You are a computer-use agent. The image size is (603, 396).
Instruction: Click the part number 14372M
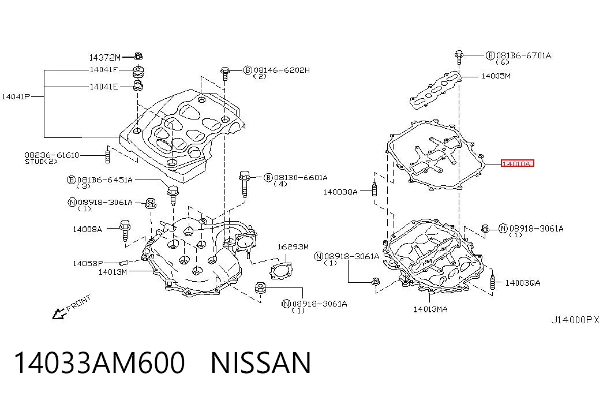click(x=104, y=58)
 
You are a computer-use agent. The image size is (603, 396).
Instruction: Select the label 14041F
click(x=104, y=70)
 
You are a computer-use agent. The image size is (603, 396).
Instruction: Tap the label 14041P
click(x=16, y=96)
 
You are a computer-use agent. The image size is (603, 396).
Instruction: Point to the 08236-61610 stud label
click(x=51, y=158)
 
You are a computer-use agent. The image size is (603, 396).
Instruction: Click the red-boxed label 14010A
click(x=517, y=163)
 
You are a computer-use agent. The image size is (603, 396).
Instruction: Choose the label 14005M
click(x=496, y=76)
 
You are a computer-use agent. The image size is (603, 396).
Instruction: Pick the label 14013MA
click(x=430, y=309)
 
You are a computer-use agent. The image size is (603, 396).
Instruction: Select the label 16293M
click(x=293, y=246)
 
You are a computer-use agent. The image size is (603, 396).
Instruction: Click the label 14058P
click(x=88, y=264)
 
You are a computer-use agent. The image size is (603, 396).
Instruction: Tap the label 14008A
click(x=87, y=229)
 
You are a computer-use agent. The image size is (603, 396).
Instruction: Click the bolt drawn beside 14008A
click(x=125, y=230)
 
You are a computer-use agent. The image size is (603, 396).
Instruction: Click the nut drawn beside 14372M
click(x=138, y=56)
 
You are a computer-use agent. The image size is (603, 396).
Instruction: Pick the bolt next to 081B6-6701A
click(x=458, y=57)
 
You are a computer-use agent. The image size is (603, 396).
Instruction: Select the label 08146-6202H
click(x=282, y=70)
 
